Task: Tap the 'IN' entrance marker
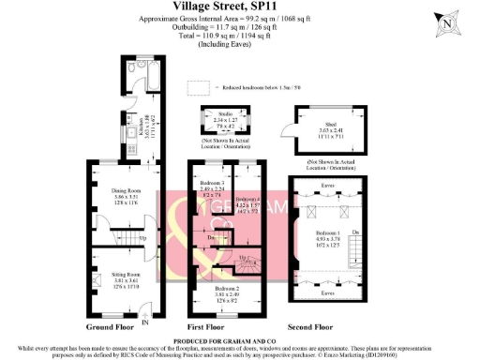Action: click(144, 322)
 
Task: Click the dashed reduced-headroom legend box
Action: click(199, 88)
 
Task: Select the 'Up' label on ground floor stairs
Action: click(142, 238)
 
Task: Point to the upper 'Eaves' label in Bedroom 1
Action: click(328, 187)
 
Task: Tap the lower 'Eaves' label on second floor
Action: click(328, 292)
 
